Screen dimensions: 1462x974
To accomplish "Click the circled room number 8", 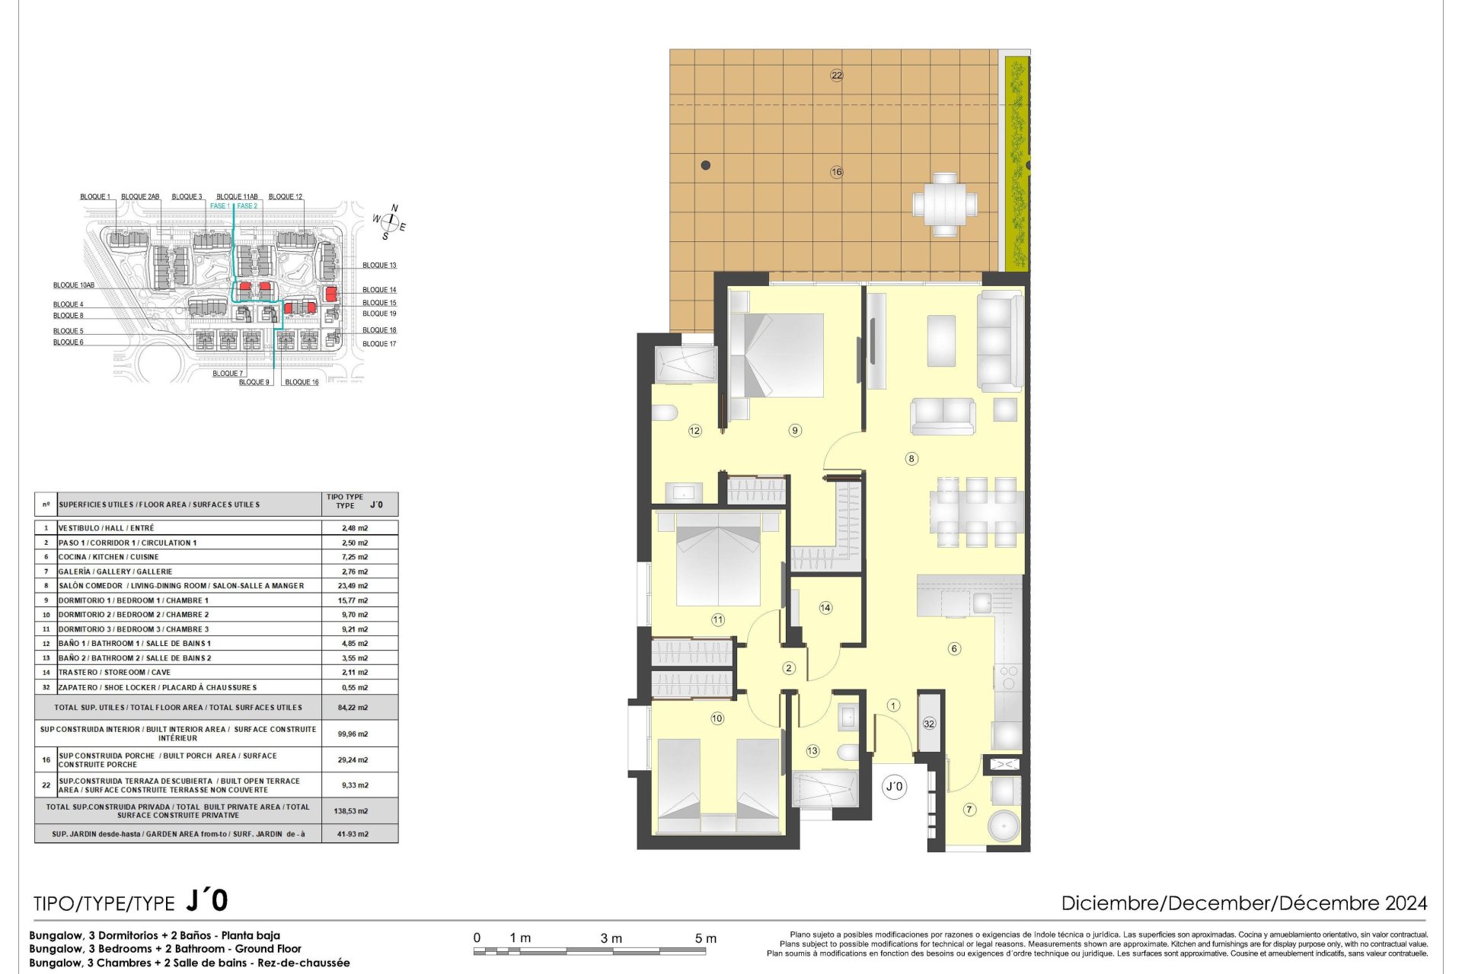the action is (x=911, y=459).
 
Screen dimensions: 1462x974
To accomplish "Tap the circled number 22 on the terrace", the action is (x=837, y=75).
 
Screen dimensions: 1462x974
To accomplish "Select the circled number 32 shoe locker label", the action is (x=929, y=724).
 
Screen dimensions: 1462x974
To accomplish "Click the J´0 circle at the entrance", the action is (x=895, y=786).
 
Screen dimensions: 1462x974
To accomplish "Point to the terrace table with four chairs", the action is (x=945, y=205).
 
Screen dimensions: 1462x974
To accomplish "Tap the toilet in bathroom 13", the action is (x=848, y=753).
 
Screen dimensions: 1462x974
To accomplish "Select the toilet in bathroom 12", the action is (x=664, y=412).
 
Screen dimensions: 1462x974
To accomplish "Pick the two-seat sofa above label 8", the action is (x=943, y=416).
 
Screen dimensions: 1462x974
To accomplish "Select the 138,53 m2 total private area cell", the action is (x=351, y=811).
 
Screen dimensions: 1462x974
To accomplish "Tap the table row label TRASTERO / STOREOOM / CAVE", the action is (x=114, y=673).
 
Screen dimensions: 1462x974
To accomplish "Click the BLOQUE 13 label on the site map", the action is (x=379, y=266).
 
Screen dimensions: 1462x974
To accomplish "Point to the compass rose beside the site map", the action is (x=390, y=222).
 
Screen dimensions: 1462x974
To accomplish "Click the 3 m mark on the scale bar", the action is (x=611, y=938).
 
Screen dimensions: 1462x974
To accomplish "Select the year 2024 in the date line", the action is (x=1406, y=903).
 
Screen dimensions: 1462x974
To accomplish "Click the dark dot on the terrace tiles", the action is (x=706, y=165).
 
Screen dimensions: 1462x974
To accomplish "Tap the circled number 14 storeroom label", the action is (x=825, y=608).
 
